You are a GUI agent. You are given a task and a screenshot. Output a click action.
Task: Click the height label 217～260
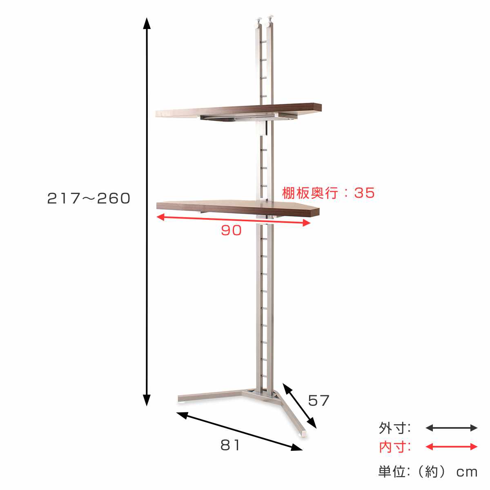(89, 198)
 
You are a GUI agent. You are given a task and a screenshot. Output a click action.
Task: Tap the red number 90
(231, 231)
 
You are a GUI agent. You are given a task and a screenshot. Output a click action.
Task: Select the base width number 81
(230, 445)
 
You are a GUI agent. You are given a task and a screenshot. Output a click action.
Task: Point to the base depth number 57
(318, 401)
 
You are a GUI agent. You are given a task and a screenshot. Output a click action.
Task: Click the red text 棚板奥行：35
(328, 193)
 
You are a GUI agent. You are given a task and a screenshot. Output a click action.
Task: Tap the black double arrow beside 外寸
(451, 428)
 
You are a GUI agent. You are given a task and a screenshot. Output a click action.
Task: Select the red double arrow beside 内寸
(451, 447)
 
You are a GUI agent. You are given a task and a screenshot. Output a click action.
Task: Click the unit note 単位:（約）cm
(428, 472)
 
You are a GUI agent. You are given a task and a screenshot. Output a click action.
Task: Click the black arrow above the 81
(239, 431)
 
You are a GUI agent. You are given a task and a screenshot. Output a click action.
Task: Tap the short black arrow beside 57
(299, 405)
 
